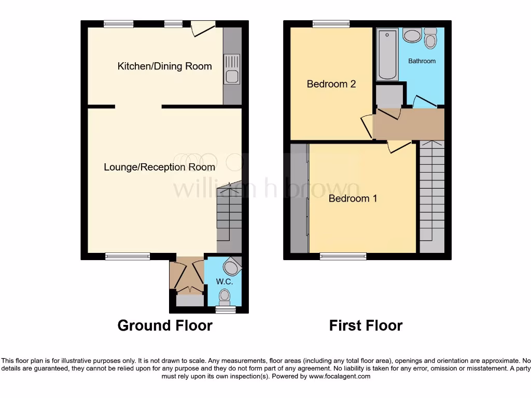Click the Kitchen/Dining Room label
pos(164,66)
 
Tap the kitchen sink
pos(232,69)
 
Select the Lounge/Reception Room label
pos(159,167)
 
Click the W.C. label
pos(224,282)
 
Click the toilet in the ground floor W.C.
pos(225,296)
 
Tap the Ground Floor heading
pos(165,325)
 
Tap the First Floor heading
pos(366,325)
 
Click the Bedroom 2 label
pos(331,84)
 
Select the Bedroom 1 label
pos(353,198)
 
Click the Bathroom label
pos(422,61)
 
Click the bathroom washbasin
pos(412,36)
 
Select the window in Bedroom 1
pos(343,256)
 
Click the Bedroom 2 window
pos(330,23)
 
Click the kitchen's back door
pos(203,28)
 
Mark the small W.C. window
pos(225,310)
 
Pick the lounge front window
pos(128,256)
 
